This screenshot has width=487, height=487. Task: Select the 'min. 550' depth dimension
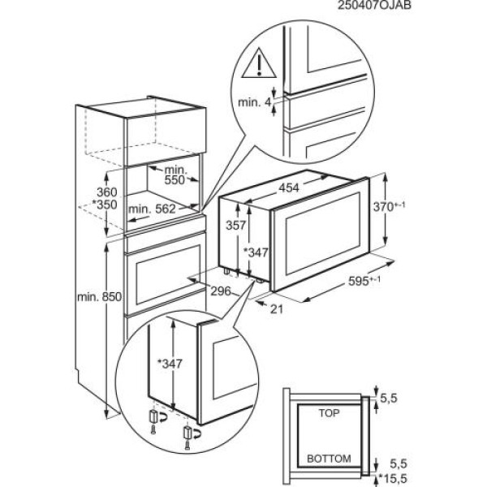point(176,176)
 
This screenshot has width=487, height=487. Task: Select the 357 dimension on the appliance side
point(236,225)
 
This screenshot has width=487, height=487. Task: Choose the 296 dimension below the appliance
point(220,291)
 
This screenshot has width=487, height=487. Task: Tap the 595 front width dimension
point(376,282)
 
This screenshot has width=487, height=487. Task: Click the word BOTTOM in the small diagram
point(330,459)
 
